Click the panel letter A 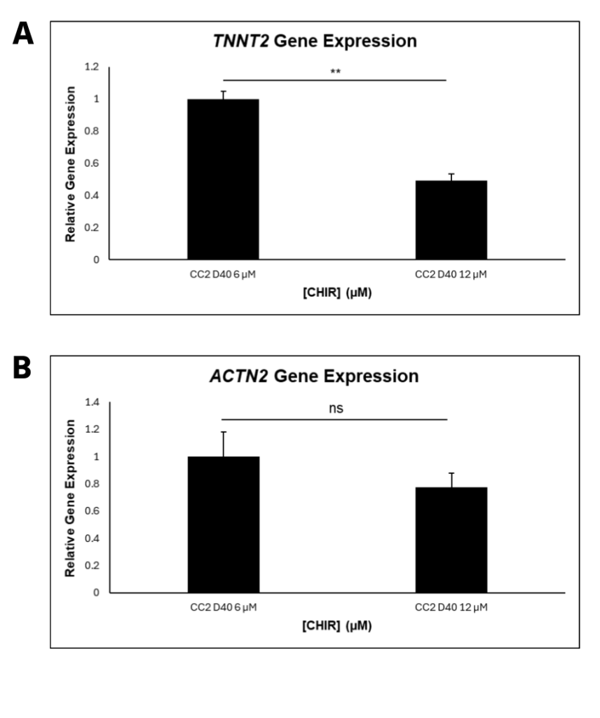point(23,34)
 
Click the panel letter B point(23,368)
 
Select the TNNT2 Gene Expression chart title point(315,41)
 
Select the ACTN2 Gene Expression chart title point(315,377)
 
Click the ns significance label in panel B point(336,408)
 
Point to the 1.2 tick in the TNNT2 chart point(91,67)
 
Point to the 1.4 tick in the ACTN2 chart point(91,402)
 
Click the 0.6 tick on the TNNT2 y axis point(91,163)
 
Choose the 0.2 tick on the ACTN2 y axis point(91,565)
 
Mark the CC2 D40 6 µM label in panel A point(223,274)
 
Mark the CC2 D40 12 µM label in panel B point(451,607)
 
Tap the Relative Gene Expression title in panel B point(70,498)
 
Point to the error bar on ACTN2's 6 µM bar point(223,443)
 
